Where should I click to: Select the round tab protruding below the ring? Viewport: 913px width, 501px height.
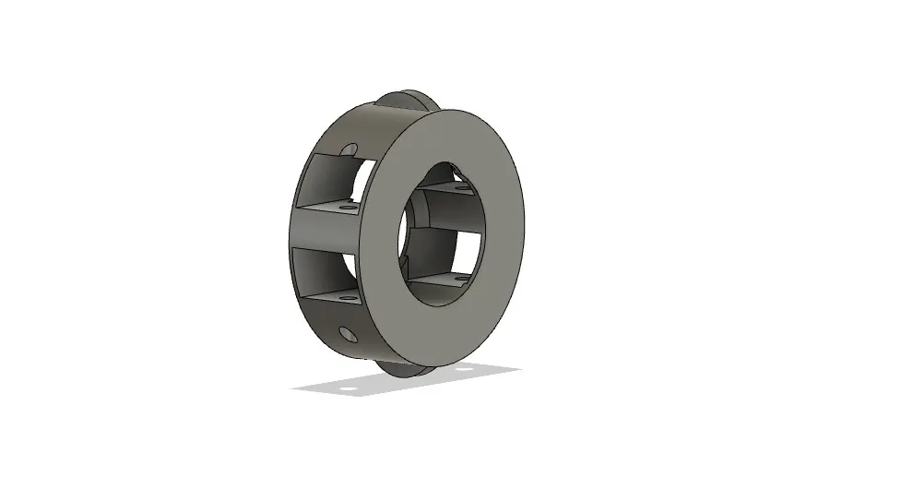(406, 368)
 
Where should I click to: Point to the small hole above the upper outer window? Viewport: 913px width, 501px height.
(349, 149)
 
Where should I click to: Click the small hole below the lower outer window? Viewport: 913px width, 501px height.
(347, 333)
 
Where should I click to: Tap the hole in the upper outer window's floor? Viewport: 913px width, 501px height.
(347, 208)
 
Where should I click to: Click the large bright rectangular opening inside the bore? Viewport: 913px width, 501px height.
(466, 249)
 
